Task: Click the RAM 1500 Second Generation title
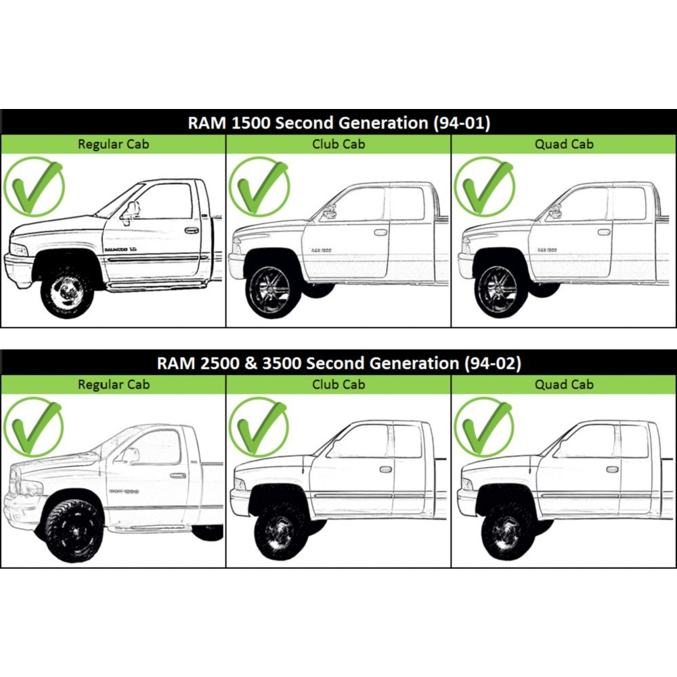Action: pyautogui.click(x=338, y=123)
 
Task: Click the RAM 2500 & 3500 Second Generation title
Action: pyautogui.click(x=338, y=363)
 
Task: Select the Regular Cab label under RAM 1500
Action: pyautogui.click(x=113, y=144)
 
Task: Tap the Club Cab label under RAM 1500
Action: pyautogui.click(x=338, y=144)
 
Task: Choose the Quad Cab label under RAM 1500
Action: pyautogui.click(x=564, y=144)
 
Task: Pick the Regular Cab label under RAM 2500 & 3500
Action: pyautogui.click(x=113, y=384)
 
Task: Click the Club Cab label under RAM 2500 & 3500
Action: pyautogui.click(x=338, y=384)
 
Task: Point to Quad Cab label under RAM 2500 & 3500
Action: pyautogui.click(x=564, y=384)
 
